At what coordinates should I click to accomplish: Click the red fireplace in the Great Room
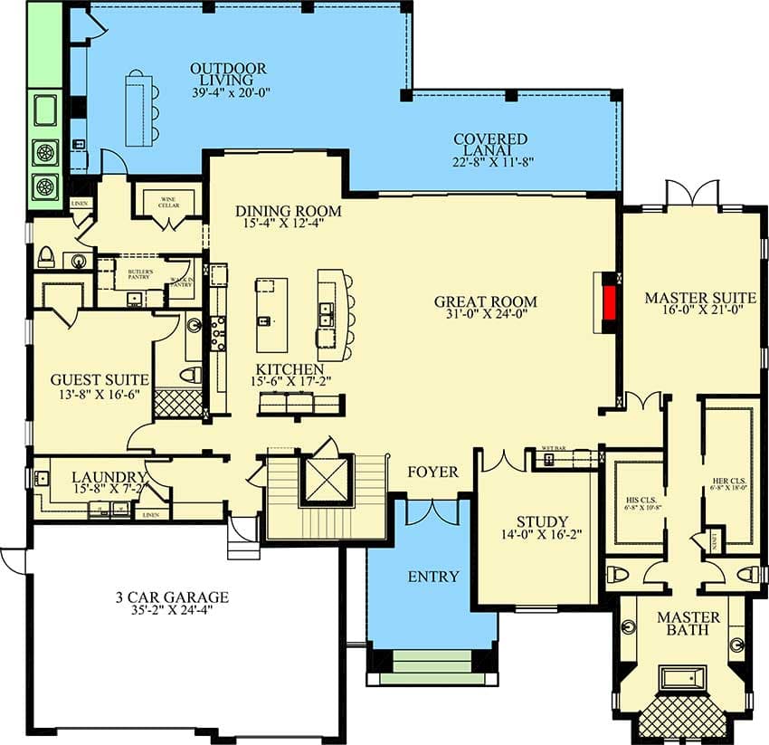pyautogui.click(x=611, y=301)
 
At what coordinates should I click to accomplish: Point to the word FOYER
pyautogui.click(x=432, y=472)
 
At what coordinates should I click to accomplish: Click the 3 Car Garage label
pyautogui.click(x=172, y=597)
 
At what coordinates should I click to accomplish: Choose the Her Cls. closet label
pyautogui.click(x=730, y=483)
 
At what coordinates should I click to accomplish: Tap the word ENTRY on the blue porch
pyautogui.click(x=432, y=577)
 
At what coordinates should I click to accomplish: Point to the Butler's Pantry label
pyautogui.click(x=139, y=273)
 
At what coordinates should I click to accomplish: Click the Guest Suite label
pyautogui.click(x=92, y=379)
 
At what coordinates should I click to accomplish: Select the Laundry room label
pyautogui.click(x=109, y=477)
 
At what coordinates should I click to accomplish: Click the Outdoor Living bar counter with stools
pyautogui.click(x=138, y=108)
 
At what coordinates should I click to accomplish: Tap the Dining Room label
pyautogui.click(x=289, y=212)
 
